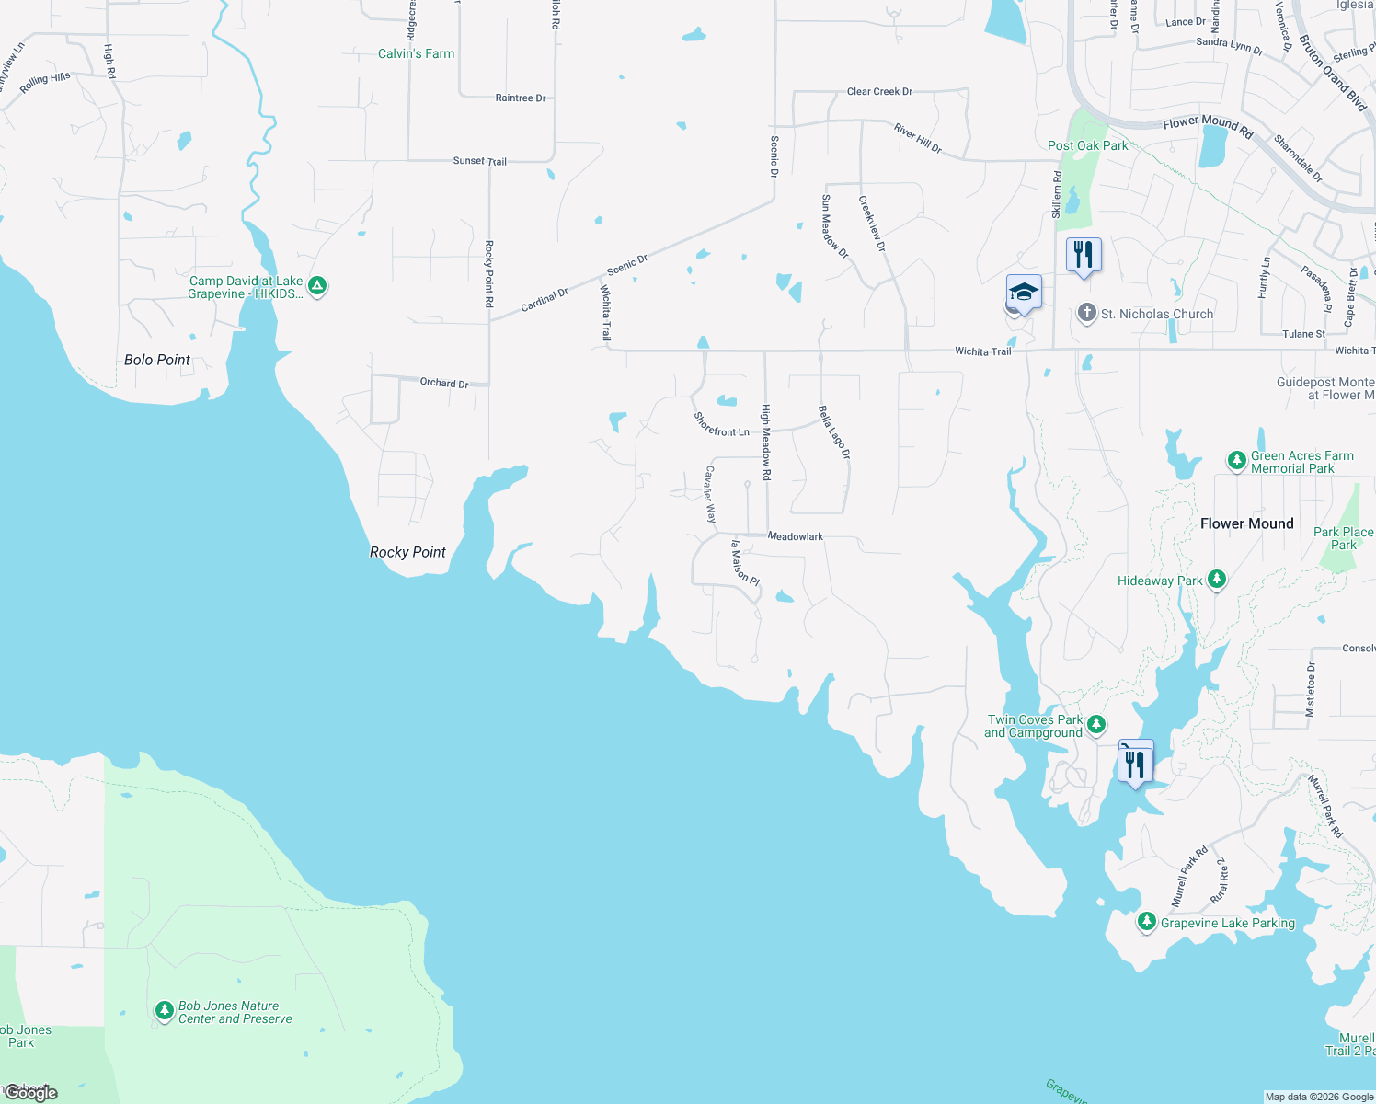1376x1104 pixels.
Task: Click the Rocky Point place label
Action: (x=407, y=552)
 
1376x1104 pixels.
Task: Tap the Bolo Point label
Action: (x=157, y=360)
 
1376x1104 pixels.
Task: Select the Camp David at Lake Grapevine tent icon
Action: (x=317, y=286)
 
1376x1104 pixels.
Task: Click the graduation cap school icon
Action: (x=1024, y=293)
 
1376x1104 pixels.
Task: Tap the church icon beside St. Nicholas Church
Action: (x=1087, y=314)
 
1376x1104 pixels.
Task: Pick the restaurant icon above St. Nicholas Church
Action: (x=1084, y=255)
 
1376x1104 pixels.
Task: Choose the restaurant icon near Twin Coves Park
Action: (x=1135, y=764)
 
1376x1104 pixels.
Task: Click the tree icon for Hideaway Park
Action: (x=1217, y=579)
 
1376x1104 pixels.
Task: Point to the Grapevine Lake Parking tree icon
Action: (x=1146, y=921)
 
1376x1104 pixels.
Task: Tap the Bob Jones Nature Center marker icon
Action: (x=164, y=1011)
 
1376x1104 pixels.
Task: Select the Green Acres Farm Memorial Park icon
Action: (x=1237, y=460)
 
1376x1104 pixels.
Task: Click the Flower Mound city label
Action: (x=1246, y=523)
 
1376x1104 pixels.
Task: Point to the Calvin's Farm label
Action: (x=416, y=53)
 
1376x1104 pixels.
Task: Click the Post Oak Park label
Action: (x=1087, y=145)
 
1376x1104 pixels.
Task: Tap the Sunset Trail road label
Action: (x=479, y=161)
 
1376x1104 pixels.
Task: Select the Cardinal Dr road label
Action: (x=545, y=300)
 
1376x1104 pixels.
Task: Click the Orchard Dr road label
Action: (x=444, y=383)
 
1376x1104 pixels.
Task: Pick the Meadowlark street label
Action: (x=796, y=536)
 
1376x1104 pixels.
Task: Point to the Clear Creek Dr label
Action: (x=879, y=92)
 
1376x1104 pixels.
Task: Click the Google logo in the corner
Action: (x=30, y=1093)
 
